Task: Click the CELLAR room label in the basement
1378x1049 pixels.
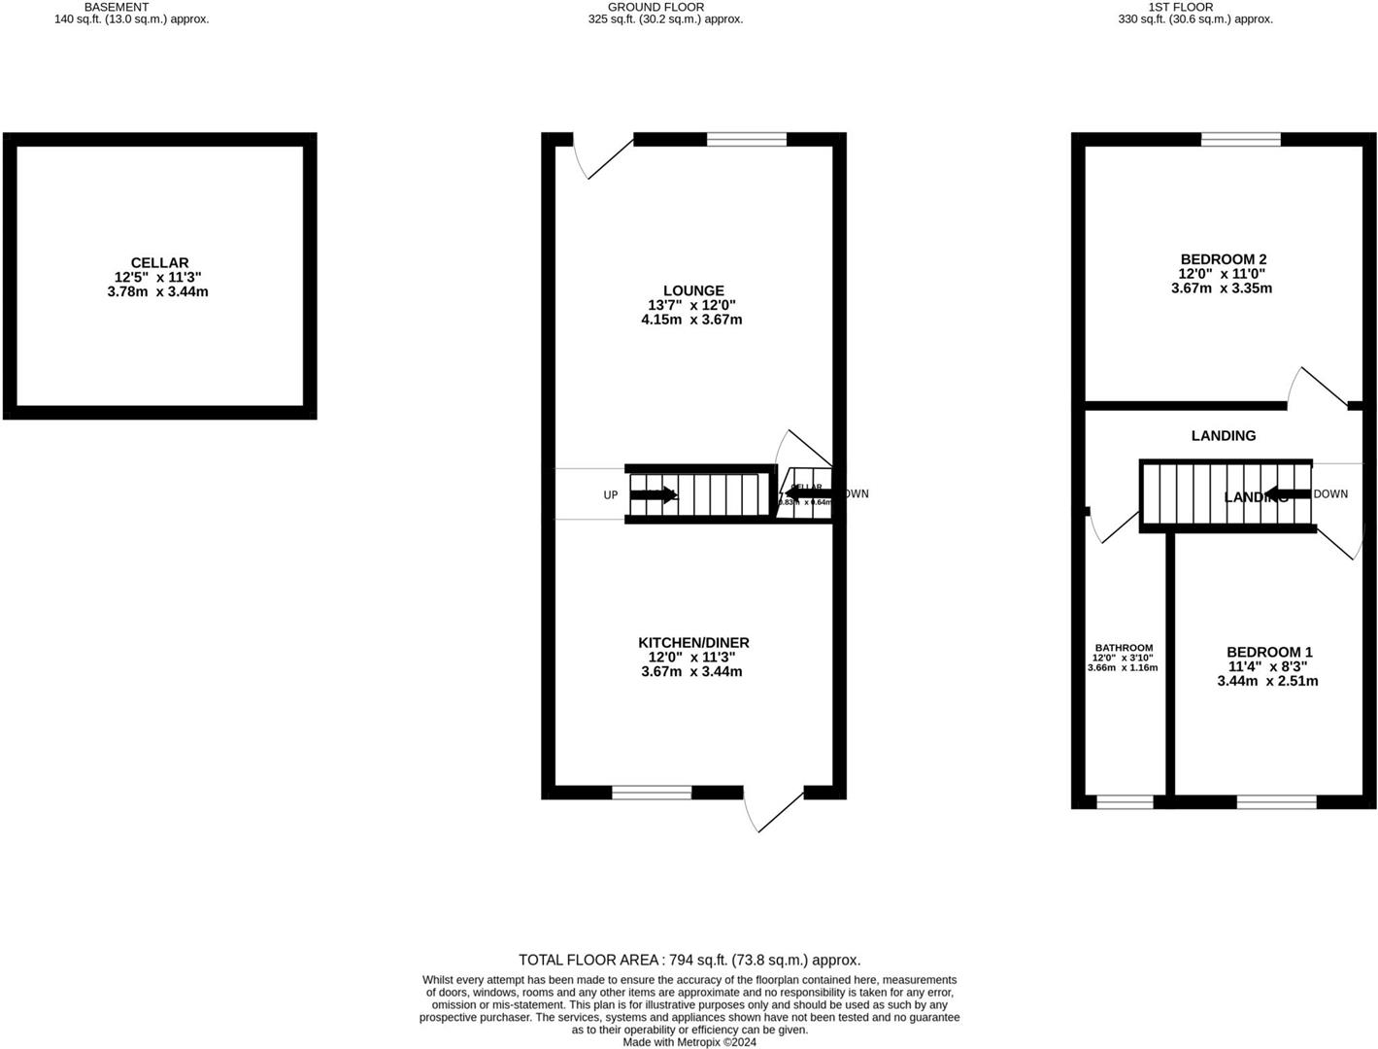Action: pos(159,262)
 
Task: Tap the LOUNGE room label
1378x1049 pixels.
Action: pos(693,290)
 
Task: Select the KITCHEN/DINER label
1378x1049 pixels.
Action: pos(693,643)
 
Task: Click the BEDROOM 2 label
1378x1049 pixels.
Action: pos(1223,259)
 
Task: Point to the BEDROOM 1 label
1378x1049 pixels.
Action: pos(1268,652)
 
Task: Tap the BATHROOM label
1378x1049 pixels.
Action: pos(1124,648)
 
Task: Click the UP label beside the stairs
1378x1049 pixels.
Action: pos(610,495)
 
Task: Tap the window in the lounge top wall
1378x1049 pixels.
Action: pos(746,140)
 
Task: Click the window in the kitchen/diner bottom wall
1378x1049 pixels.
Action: pos(652,793)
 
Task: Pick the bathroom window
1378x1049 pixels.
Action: pos(1125,801)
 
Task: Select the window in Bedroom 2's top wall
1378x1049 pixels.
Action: pos(1240,140)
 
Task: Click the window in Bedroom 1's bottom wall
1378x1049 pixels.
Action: pos(1276,801)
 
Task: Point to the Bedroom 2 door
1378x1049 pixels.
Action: pos(1317,386)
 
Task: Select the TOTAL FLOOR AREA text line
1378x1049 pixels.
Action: pos(689,960)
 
